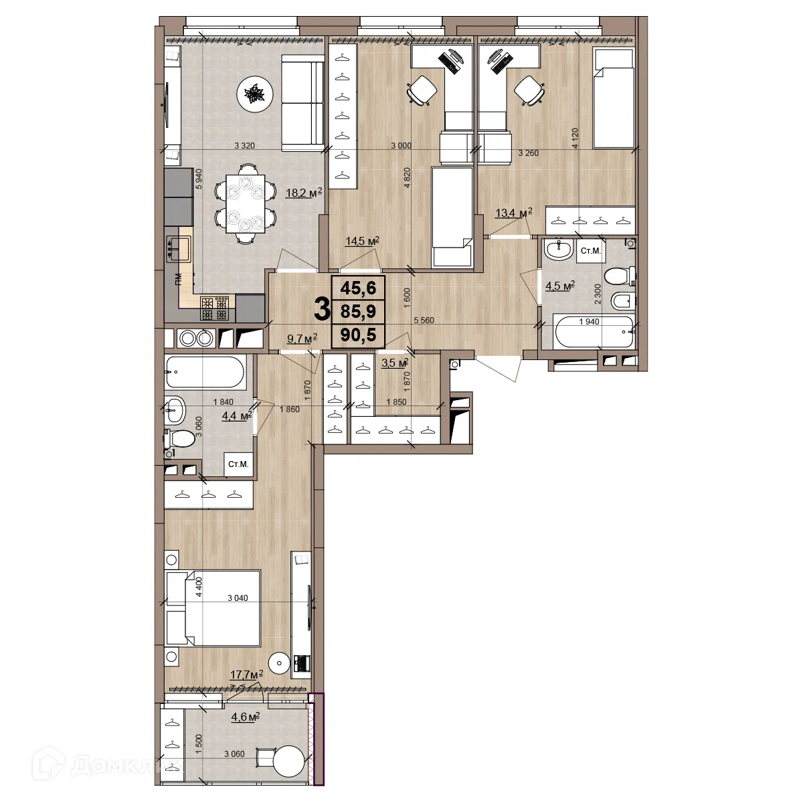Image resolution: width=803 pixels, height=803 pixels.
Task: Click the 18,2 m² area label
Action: [x=303, y=193]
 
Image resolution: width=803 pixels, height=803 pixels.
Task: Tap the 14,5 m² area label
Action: [x=362, y=241]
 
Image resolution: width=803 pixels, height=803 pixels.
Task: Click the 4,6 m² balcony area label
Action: [x=244, y=717]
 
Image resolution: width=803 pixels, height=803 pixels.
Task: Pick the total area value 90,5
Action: [x=358, y=335]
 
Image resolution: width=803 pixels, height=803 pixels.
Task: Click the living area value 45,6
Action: [x=358, y=288]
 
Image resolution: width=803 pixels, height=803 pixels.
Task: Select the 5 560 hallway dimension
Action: [x=424, y=321]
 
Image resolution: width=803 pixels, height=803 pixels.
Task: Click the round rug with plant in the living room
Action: [x=255, y=94]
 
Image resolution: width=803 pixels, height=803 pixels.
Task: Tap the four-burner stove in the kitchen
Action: [x=215, y=308]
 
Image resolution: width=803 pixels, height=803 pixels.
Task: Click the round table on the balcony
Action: [x=290, y=762]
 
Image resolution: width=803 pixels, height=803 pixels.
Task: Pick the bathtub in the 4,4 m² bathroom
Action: [x=206, y=372]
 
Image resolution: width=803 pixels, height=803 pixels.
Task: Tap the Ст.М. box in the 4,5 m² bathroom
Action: [x=590, y=251]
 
